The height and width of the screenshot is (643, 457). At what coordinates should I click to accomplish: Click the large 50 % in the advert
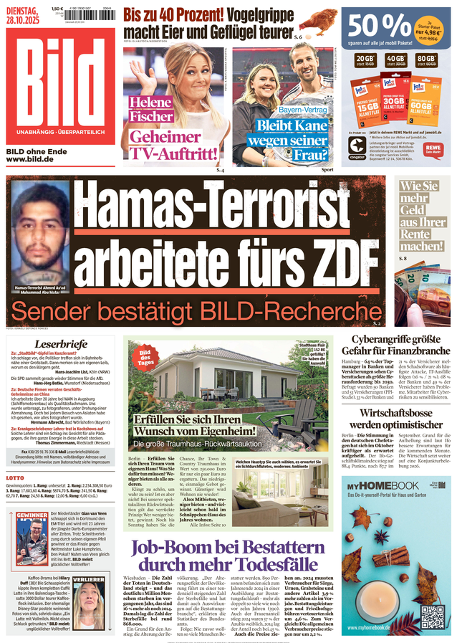tap(379, 27)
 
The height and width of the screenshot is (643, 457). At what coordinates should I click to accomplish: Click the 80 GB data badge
tap(428, 60)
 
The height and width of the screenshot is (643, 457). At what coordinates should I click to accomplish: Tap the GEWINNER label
tap(32, 515)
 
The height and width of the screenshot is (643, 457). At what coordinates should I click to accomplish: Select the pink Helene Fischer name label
tap(151, 109)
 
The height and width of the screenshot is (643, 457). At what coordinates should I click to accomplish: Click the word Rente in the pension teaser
tap(415, 234)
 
